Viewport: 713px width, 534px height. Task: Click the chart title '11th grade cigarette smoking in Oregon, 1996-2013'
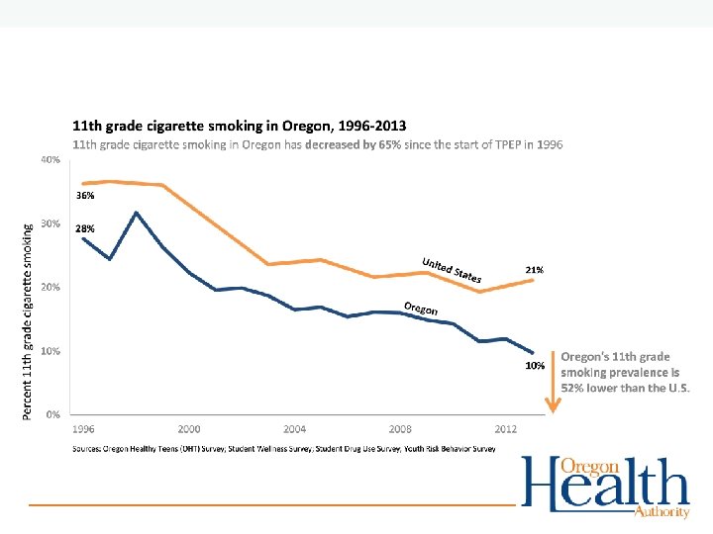(239, 127)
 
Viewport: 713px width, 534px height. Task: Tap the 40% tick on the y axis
(50, 159)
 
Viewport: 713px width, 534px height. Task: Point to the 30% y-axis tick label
(50, 223)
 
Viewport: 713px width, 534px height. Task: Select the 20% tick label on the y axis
(50, 287)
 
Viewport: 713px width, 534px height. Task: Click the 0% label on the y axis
(52, 413)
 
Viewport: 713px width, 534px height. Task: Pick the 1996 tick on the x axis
(83, 429)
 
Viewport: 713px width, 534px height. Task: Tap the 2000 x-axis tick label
(189, 429)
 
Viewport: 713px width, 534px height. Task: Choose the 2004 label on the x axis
(294, 429)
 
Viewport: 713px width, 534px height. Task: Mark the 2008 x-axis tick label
(400, 429)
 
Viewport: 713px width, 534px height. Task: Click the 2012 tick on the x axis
(505, 429)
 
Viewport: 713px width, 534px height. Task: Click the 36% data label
(85, 196)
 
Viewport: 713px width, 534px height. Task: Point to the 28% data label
(85, 228)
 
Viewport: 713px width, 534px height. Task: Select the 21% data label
(533, 269)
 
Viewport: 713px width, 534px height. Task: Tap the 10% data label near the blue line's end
(534, 366)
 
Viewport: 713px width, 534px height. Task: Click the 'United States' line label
(452, 269)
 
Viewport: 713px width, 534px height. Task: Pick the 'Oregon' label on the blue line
(421, 307)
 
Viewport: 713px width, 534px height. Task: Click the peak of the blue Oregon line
(137, 213)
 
